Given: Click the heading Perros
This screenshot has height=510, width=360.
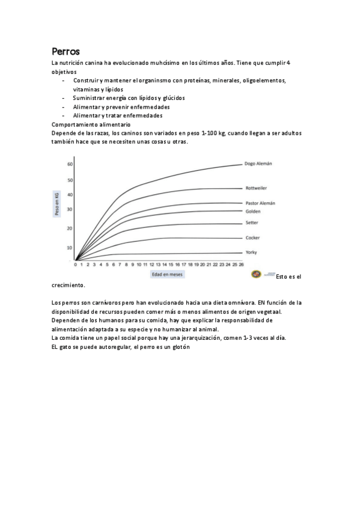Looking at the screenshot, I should tap(66, 51).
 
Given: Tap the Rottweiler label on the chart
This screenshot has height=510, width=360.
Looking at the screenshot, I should tap(257, 188).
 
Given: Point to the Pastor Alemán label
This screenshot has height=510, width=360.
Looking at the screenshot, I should tap(260, 203).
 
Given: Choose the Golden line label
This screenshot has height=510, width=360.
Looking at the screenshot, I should tap(252, 212).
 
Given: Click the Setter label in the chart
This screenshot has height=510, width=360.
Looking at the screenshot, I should tap(252, 223).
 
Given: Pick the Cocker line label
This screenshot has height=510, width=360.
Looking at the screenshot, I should tap(252, 238).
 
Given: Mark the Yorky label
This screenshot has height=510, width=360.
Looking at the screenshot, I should tap(251, 253).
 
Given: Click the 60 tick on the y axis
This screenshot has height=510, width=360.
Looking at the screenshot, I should tap(70, 164).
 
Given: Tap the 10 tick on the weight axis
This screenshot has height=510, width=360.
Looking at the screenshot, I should tap(70, 248).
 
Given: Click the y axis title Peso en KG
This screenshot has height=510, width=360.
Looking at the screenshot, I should tap(57, 204).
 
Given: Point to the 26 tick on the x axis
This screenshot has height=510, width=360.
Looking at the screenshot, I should tap(241, 265).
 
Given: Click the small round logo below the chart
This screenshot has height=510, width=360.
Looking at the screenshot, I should tap(255, 274).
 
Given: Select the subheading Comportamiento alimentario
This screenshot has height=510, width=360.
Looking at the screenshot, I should tap(87, 124).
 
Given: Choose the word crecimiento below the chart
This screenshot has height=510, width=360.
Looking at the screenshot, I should tap(69, 285).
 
